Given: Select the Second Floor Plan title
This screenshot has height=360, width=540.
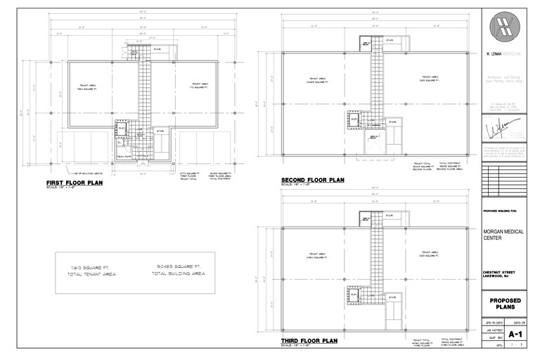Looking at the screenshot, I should (313, 180).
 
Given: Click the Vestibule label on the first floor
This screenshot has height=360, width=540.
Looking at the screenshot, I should (140, 155).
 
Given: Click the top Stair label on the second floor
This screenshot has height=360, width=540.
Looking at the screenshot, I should (390, 40).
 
